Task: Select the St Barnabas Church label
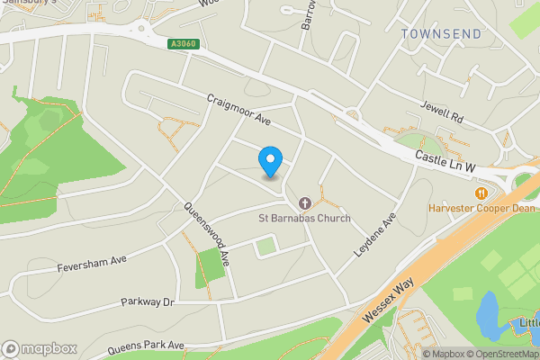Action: (x=304, y=218)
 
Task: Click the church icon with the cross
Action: (x=304, y=203)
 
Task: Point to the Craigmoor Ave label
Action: (x=238, y=111)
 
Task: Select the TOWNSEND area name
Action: (x=441, y=34)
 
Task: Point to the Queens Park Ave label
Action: (x=145, y=346)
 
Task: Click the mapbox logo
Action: (x=40, y=348)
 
